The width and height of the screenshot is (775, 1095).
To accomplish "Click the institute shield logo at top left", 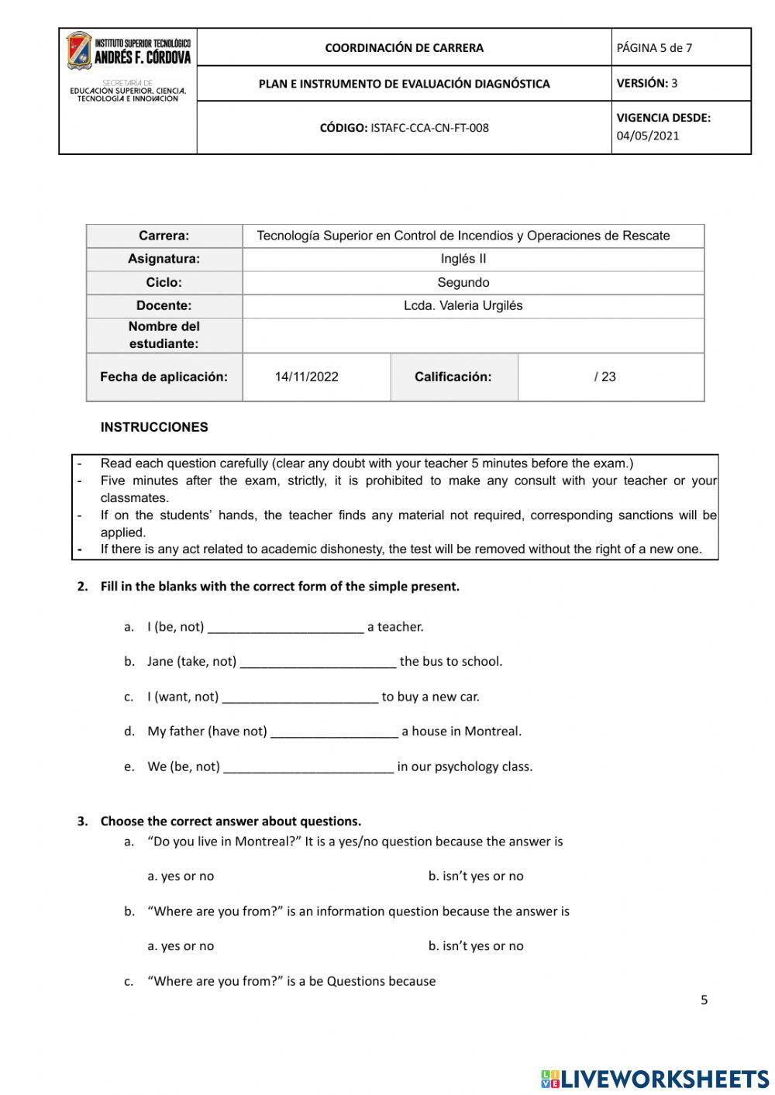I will click(x=79, y=50).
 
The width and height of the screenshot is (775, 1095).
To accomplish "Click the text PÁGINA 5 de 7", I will click(x=654, y=48).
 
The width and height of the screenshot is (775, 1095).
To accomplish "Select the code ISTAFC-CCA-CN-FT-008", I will click(x=429, y=128).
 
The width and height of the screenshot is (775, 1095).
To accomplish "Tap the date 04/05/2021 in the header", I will click(x=648, y=136).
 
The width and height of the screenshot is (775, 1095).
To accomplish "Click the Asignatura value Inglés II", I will click(x=463, y=259).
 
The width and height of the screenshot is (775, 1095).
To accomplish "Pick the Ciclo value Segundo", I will click(x=463, y=282).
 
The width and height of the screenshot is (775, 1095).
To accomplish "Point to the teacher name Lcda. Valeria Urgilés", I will click(x=463, y=305).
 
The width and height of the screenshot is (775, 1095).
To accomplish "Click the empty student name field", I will click(x=473, y=336).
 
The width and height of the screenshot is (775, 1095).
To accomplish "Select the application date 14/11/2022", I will click(x=307, y=377).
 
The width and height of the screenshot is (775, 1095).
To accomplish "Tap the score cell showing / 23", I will click(x=605, y=377).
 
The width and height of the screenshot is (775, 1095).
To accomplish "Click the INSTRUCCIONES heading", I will click(x=154, y=427).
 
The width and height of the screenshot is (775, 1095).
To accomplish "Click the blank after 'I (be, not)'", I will click(x=286, y=628).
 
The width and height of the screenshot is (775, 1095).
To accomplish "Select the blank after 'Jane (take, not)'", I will click(x=319, y=663).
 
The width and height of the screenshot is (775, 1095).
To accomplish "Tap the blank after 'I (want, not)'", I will click(x=301, y=697).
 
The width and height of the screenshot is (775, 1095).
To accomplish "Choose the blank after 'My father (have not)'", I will click(x=335, y=732).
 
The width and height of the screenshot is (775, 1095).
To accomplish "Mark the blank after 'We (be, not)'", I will click(x=308, y=767).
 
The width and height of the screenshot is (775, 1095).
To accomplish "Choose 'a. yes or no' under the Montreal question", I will click(x=181, y=876).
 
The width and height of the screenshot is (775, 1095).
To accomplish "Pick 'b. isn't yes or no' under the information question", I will click(x=476, y=946).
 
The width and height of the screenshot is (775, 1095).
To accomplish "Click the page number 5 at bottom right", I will click(x=704, y=1000).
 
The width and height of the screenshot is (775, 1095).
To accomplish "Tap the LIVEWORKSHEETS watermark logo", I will click(x=655, y=1079).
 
